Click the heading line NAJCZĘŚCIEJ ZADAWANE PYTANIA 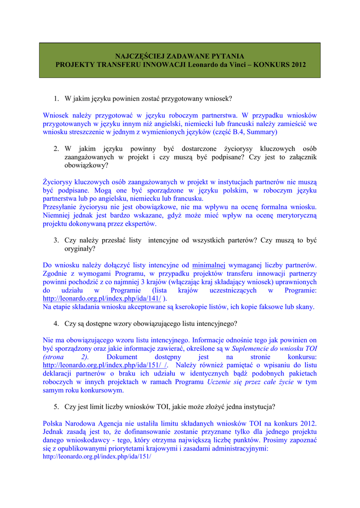[180, 56]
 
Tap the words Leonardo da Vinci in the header [215, 64]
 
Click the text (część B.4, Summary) [245, 132]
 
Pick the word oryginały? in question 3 [80, 249]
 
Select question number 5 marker [57, 407]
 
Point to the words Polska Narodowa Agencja [83, 424]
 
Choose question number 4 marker [57, 323]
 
